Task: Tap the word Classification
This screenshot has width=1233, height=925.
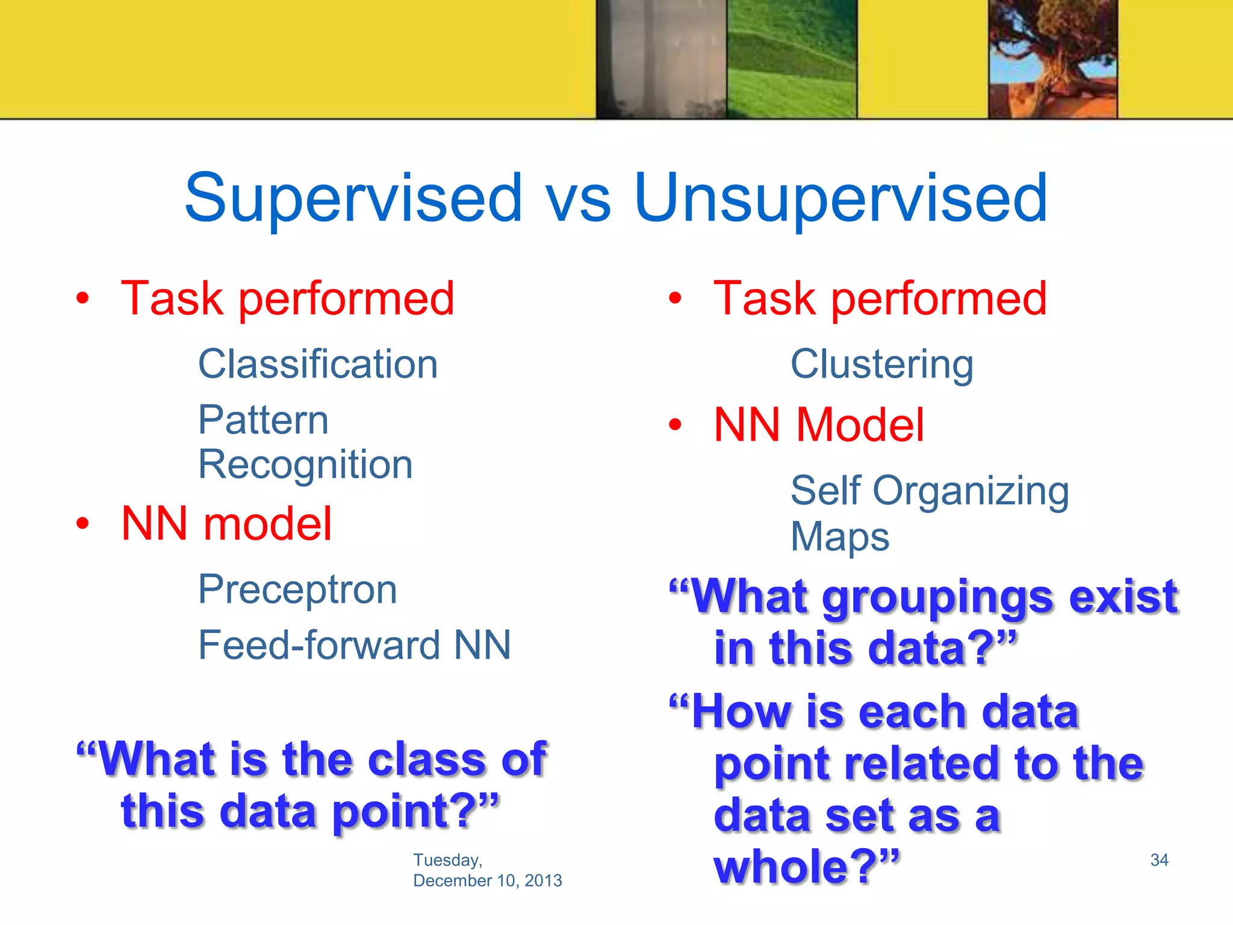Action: click(x=318, y=364)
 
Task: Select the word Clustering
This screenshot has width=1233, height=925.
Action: click(x=881, y=364)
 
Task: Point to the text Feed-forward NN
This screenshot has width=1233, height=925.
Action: click(x=355, y=645)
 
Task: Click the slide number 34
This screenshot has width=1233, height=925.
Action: click(x=1159, y=859)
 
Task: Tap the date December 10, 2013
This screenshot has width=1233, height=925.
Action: click(x=487, y=880)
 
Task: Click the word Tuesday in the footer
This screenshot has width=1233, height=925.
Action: click(x=447, y=859)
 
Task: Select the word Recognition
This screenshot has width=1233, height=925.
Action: click(x=305, y=465)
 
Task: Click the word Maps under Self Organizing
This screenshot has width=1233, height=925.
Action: click(x=839, y=537)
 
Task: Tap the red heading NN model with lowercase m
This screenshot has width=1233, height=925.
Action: click(x=226, y=523)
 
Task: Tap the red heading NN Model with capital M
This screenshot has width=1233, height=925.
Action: click(x=818, y=425)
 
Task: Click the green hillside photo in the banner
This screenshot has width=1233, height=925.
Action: click(x=791, y=58)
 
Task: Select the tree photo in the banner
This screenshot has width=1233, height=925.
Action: click(x=1052, y=58)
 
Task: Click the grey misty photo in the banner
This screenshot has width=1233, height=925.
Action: click(x=661, y=58)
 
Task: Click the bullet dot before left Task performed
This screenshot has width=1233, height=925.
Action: click(x=83, y=297)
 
